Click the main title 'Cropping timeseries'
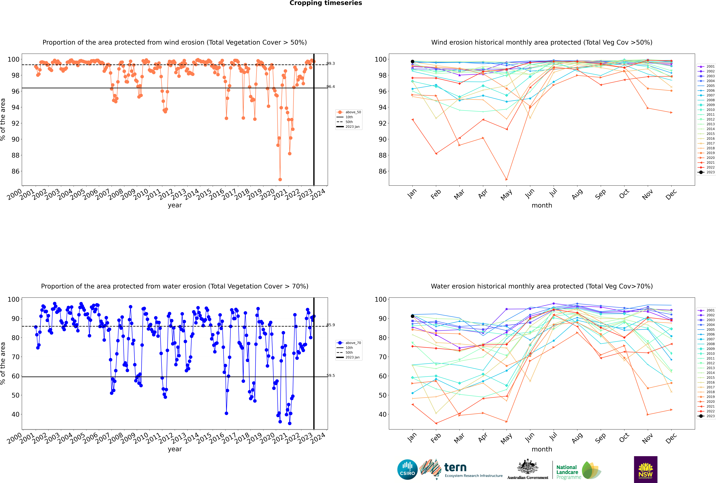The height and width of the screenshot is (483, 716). coord(326,3)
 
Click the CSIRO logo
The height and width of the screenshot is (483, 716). coord(407,469)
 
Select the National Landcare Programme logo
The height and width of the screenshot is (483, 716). coord(578,470)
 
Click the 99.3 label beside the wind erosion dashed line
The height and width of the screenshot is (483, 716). coord(331,63)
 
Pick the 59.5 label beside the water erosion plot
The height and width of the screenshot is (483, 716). coord(331,376)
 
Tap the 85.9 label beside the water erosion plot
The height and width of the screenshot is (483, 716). coord(331,325)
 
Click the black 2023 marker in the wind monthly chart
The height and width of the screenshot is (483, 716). coord(413,62)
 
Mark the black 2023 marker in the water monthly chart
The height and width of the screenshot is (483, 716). coord(413,316)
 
